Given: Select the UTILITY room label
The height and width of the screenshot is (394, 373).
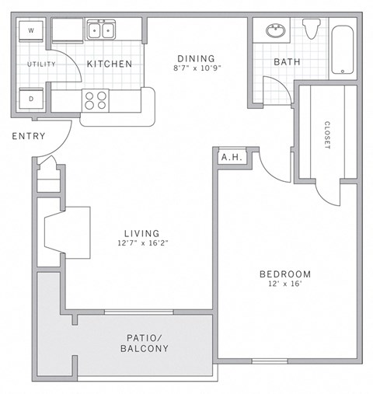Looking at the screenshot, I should (41, 65).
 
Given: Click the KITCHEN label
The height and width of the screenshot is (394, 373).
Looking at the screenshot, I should (109, 64).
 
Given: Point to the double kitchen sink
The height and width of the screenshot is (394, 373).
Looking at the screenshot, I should (103, 31).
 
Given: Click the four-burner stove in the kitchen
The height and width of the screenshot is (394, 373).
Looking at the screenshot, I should (96, 99).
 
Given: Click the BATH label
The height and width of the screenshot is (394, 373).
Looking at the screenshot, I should (287, 62).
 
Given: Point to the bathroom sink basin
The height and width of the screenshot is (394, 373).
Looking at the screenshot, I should (275, 31).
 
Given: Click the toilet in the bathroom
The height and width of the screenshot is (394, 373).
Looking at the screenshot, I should (312, 30).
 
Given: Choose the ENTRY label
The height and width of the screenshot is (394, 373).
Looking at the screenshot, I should (28, 137).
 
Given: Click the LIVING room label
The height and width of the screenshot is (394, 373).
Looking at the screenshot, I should (142, 233).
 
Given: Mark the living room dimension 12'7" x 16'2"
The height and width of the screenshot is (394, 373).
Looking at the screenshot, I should (142, 243).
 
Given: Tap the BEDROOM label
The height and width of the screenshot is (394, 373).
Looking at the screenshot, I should (285, 274).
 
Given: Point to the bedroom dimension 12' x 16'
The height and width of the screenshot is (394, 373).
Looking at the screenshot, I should (285, 285).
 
